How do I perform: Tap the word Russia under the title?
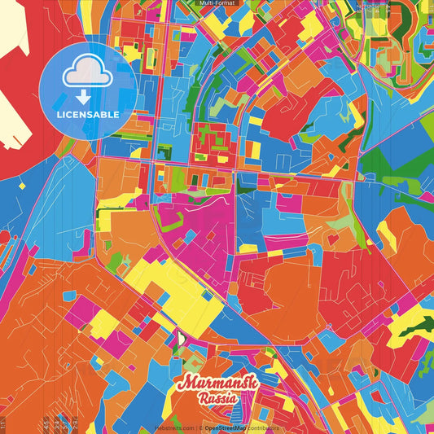pyautogui.click(x=217, y=399)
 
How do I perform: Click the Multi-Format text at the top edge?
pyautogui.click(x=217, y=3)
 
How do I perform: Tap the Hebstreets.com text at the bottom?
pyautogui.click(x=175, y=427)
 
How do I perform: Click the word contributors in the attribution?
pyautogui.click(x=261, y=427)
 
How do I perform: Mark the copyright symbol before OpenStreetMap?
pyautogui.click(x=200, y=427)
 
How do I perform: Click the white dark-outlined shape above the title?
pyautogui.click(x=182, y=338)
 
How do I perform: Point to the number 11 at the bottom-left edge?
pyautogui.click(x=3, y=423)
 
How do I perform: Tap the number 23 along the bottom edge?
pyautogui.click(x=75, y=423)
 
